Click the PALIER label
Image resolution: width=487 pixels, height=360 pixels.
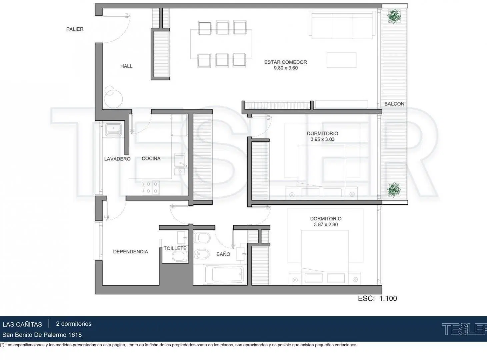point(75,29)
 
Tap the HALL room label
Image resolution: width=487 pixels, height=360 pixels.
point(126,66)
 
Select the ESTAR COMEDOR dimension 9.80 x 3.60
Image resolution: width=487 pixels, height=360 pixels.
point(286,68)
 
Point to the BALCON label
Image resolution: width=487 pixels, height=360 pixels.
point(394,104)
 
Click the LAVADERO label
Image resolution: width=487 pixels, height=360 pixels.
point(117,159)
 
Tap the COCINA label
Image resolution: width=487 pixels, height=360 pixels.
point(151,158)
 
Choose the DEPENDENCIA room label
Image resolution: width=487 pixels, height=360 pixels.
point(130,252)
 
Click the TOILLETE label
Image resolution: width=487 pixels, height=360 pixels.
point(175,248)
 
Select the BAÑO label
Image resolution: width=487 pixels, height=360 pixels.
point(223,254)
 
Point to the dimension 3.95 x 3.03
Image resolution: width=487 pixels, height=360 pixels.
point(323,139)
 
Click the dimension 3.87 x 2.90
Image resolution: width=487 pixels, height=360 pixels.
point(326,224)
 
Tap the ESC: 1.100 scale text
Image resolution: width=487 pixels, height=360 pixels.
point(377,298)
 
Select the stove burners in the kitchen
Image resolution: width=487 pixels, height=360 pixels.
point(151,187)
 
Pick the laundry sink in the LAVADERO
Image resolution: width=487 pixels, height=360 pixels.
point(113,130)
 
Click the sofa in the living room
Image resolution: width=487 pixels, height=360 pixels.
point(342,25)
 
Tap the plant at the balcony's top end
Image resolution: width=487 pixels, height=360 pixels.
point(394,16)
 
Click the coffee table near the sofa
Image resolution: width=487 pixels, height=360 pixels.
point(341,60)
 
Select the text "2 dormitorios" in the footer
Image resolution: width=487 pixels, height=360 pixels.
point(74,324)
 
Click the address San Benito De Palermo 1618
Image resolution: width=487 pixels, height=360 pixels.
point(42,335)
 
